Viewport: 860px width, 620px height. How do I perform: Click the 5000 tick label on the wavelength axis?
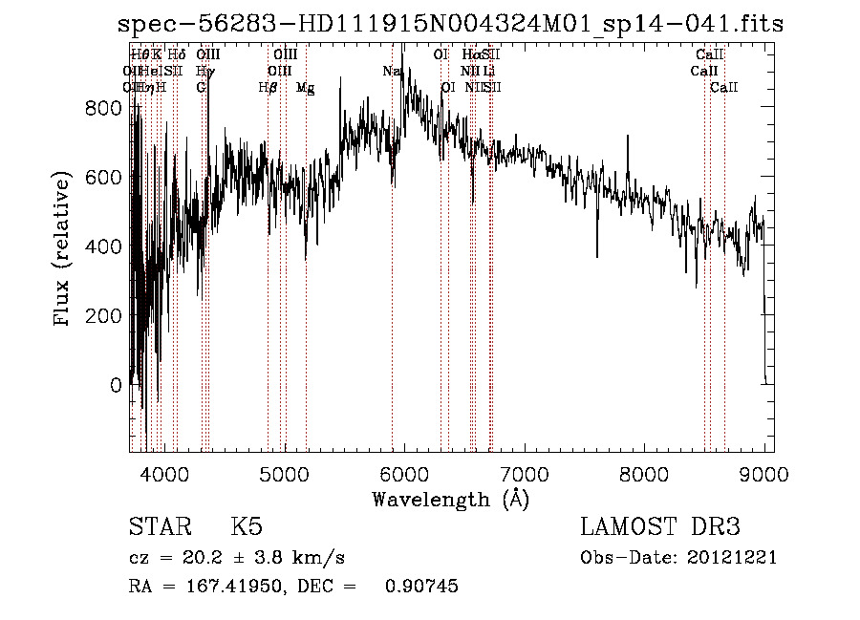(285, 473)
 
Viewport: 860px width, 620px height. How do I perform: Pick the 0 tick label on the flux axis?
(115, 385)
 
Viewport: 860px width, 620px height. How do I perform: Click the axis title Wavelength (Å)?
(450, 499)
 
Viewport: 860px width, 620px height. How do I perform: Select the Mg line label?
(306, 87)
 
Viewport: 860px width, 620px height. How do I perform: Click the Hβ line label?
(269, 87)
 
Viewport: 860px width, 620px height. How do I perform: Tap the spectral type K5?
(246, 527)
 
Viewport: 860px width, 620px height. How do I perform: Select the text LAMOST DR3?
(659, 527)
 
